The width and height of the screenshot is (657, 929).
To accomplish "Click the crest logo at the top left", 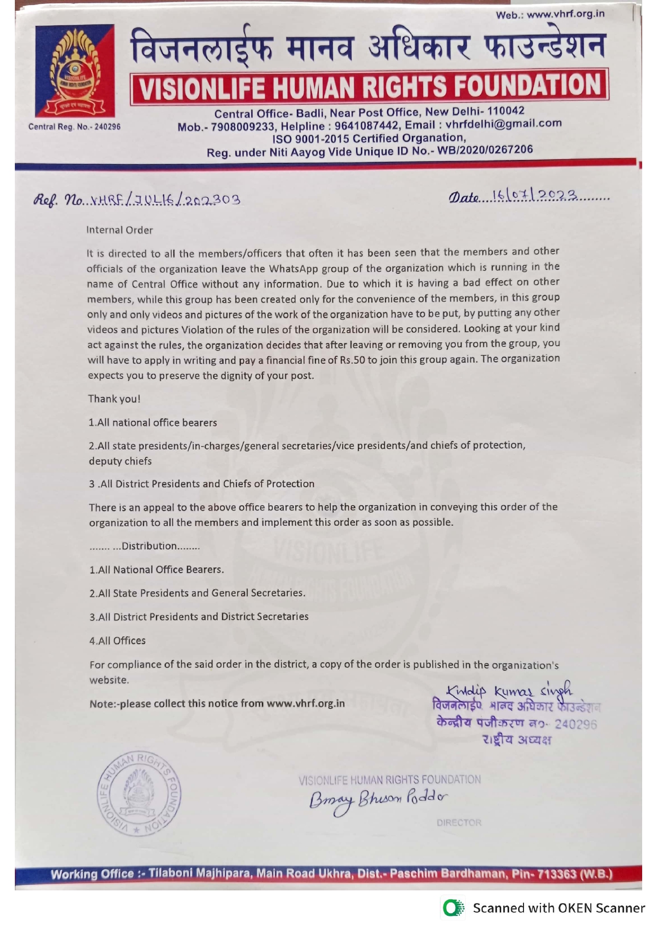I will (x=75, y=70).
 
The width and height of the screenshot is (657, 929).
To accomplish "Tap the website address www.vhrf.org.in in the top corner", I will (x=565, y=14).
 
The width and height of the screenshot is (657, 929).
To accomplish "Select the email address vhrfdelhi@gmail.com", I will (x=503, y=124).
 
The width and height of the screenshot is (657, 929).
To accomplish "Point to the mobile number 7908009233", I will (x=243, y=127).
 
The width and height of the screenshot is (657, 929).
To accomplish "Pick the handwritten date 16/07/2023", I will (x=535, y=196).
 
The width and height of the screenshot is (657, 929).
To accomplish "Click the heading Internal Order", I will (x=120, y=230).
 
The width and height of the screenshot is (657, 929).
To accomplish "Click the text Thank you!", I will (x=114, y=399).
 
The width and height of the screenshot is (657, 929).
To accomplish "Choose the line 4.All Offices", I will (x=118, y=641).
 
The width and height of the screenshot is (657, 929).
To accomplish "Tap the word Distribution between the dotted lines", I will (x=149, y=546).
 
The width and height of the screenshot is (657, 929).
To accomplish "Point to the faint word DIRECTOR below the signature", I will (x=459, y=823).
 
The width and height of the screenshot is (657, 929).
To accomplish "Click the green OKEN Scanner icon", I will (x=453, y=908).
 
